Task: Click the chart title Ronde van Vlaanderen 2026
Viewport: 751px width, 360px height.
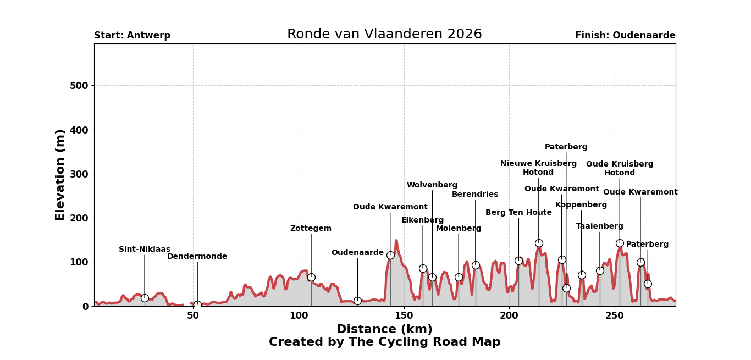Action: pyautogui.click(x=384, y=35)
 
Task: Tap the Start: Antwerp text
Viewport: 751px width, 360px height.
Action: pyautogui.click(x=132, y=36)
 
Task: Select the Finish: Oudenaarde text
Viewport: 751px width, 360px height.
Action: pyautogui.click(x=625, y=36)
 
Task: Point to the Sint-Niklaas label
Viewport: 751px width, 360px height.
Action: pyautogui.click(x=145, y=250)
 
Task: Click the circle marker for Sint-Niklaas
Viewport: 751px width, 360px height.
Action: pyautogui.click(x=145, y=298)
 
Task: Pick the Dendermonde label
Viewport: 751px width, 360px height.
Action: pyautogui.click(x=197, y=257)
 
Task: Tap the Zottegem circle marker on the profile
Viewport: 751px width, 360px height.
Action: pyautogui.click(x=311, y=277)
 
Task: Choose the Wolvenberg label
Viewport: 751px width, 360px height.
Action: pyautogui.click(x=432, y=185)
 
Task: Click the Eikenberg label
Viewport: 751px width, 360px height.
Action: pyautogui.click(x=422, y=220)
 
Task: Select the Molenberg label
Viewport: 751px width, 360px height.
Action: pyautogui.click(x=459, y=229)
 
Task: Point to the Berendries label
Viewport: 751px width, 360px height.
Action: pyautogui.click(x=475, y=195)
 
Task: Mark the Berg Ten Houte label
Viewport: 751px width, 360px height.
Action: pyautogui.click(x=518, y=213)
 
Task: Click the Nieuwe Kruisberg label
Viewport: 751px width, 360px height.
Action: pyautogui.click(x=538, y=164)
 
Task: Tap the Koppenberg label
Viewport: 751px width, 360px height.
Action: pyautogui.click(x=581, y=205)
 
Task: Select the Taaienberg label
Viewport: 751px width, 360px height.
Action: pyautogui.click(x=600, y=226)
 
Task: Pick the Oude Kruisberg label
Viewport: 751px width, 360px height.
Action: pyautogui.click(x=620, y=164)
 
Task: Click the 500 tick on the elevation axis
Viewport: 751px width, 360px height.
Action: pyautogui.click(x=79, y=86)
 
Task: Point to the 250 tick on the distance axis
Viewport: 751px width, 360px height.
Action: pyautogui.click(x=615, y=316)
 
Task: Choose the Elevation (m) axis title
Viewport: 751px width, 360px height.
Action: pyautogui.click(x=60, y=175)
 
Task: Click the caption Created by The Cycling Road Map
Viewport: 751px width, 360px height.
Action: pyautogui.click(x=384, y=342)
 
